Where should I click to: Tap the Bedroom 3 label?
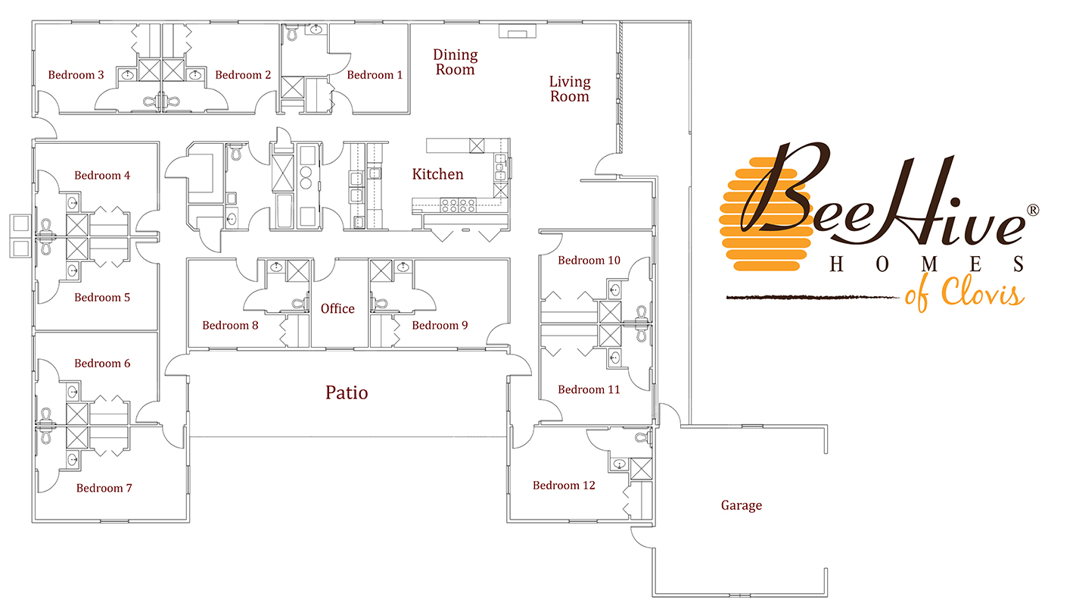tap(76, 75)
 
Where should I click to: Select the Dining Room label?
tap(455, 62)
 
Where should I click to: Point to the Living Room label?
tap(570, 89)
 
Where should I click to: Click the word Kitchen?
tap(437, 174)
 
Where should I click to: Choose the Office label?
tap(337, 309)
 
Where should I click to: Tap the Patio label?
tap(347, 392)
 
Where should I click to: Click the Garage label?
tap(741, 505)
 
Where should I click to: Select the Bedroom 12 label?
tap(564, 486)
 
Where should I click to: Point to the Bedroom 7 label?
tap(104, 489)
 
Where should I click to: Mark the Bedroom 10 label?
tap(589, 261)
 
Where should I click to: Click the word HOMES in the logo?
tap(927, 264)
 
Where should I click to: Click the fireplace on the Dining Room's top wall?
tap(517, 32)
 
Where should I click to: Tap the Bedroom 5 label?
tap(102, 298)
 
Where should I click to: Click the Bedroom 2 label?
tap(243, 75)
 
